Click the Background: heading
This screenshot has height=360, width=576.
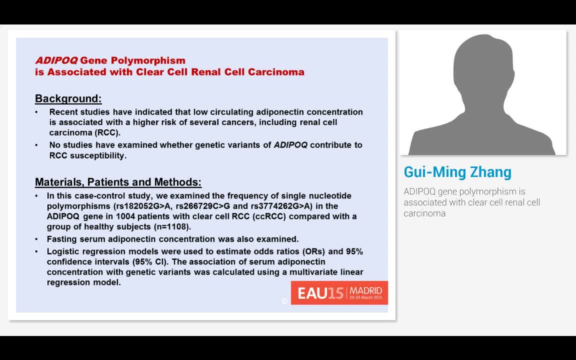click(68, 98)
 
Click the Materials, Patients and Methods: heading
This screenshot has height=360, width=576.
click(118, 182)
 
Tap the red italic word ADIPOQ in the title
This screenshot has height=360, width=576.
click(56, 60)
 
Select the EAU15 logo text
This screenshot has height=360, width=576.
click(320, 293)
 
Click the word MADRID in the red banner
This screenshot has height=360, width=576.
click(365, 290)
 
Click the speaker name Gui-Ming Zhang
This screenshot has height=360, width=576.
click(457, 172)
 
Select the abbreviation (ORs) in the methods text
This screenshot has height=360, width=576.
click(318, 251)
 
